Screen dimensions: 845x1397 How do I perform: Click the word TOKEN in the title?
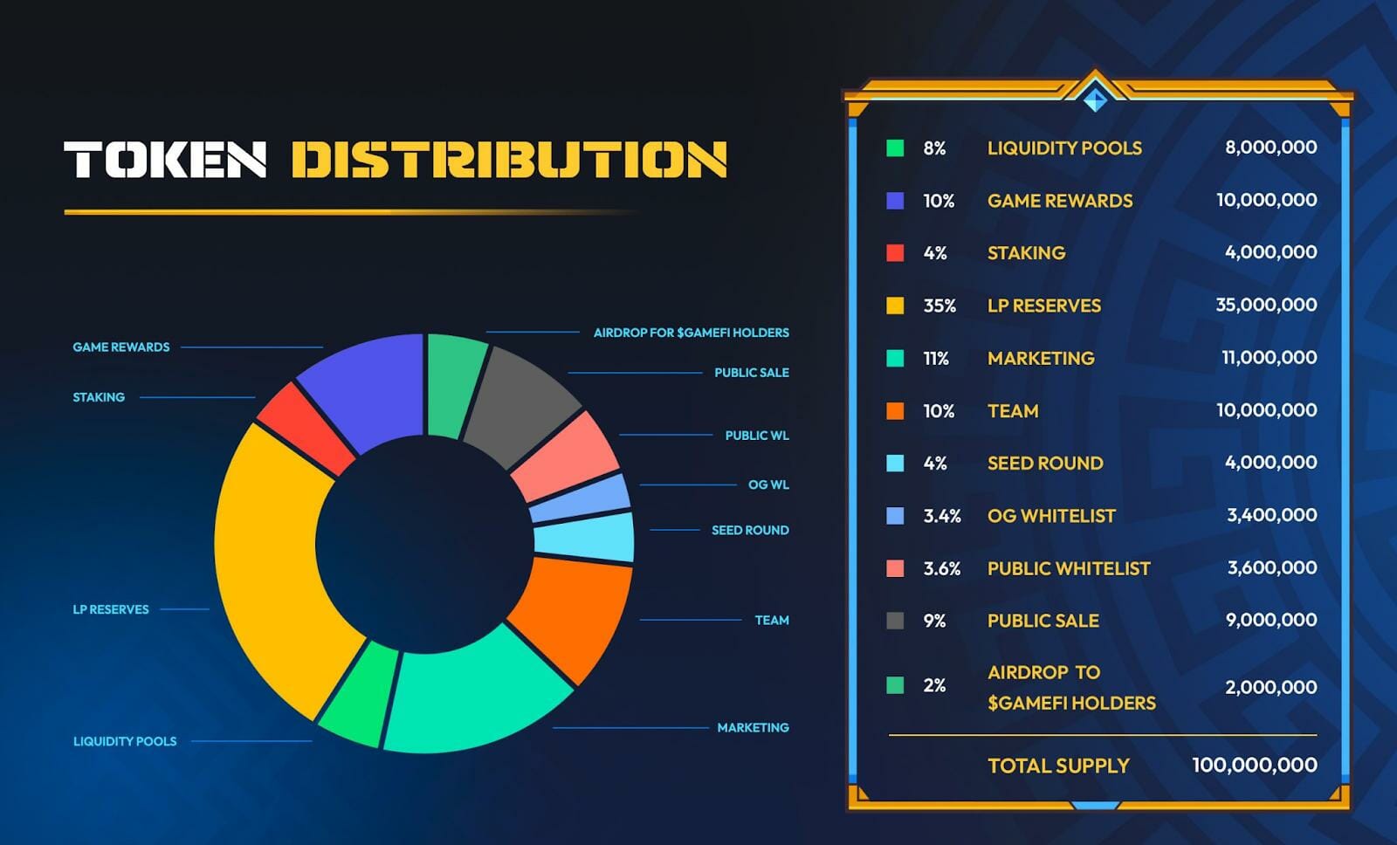[x=165, y=160]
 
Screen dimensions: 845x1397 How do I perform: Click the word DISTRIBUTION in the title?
[x=508, y=160]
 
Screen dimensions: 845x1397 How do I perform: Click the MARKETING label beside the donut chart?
[x=753, y=727]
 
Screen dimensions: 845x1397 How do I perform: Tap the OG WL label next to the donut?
[x=768, y=484]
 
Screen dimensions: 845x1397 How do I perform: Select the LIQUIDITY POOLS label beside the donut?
[x=125, y=741]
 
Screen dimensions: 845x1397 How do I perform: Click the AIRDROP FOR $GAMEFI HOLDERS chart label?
[x=691, y=333]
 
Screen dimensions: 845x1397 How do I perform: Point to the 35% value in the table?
[x=939, y=306]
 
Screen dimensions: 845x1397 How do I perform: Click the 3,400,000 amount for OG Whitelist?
[x=1271, y=515]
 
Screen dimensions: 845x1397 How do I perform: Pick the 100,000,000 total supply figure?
[x=1254, y=765]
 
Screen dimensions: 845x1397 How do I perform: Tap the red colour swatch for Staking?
[x=895, y=253]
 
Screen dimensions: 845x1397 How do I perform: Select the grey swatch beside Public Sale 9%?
[x=895, y=621]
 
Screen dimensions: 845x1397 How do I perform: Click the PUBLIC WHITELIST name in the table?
[x=1069, y=568]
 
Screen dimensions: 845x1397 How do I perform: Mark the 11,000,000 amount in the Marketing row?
[x=1269, y=357]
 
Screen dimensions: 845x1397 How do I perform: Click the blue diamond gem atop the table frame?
[x=1095, y=99]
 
